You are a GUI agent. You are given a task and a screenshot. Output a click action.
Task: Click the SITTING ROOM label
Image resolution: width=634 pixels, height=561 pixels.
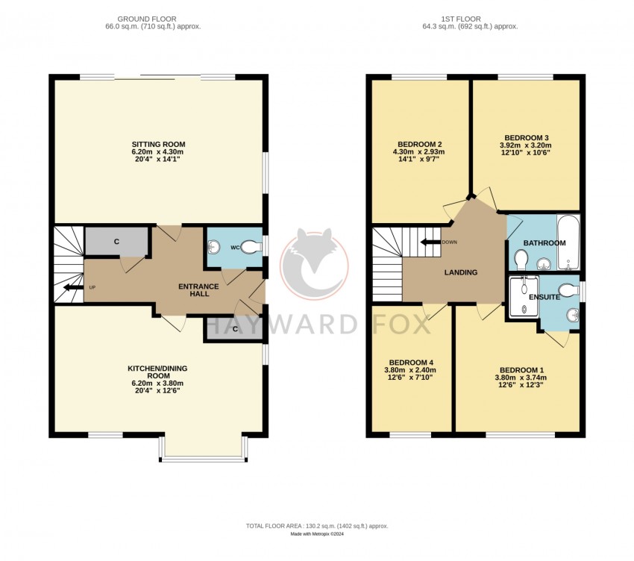(158, 144)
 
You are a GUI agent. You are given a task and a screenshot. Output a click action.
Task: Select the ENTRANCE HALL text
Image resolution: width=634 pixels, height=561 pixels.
(198, 289)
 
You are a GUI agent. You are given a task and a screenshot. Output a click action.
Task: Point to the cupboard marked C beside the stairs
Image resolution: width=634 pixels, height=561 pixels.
(117, 242)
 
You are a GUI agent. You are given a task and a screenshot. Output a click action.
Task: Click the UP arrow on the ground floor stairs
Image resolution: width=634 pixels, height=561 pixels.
(73, 287)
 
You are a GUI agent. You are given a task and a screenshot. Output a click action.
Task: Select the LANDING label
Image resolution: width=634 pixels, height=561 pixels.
(460, 272)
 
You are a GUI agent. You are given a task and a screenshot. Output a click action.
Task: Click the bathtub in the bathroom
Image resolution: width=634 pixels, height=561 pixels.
(568, 242)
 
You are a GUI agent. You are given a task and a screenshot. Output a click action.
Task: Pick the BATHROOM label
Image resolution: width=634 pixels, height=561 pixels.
(544, 243)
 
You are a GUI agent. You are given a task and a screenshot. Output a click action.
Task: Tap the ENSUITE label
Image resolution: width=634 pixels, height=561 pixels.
(545, 297)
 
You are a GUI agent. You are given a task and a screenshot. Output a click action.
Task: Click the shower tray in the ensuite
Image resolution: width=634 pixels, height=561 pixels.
(523, 297)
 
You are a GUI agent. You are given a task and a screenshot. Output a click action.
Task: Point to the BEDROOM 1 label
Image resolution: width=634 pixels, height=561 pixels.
(519, 370)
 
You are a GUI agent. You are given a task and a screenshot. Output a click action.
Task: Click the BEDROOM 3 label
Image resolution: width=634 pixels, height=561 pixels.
(527, 138)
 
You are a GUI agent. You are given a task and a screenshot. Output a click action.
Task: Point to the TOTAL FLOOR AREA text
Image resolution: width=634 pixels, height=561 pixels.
(317, 526)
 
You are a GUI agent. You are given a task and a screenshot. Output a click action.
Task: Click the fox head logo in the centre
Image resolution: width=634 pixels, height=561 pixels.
(314, 261)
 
